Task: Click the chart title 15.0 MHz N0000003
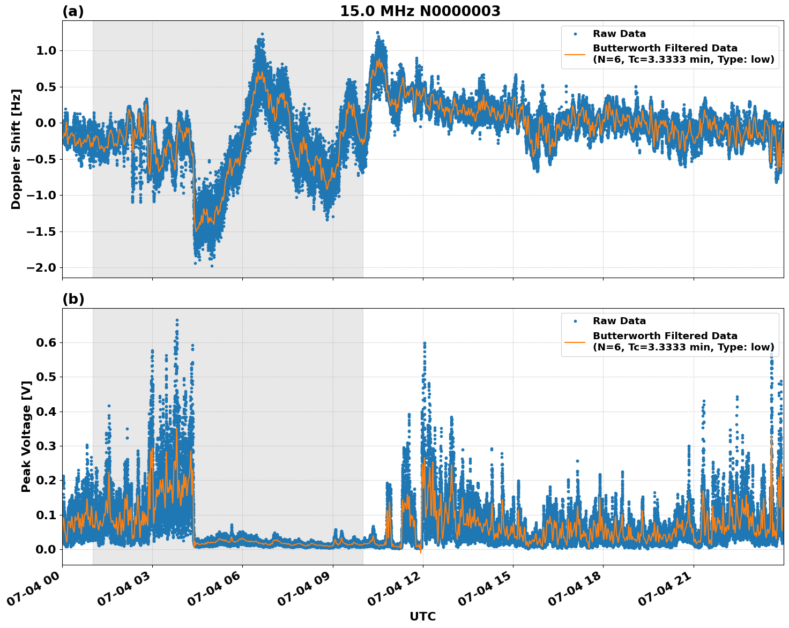tap(420, 11)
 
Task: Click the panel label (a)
tap(73, 11)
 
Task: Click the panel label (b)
tap(73, 299)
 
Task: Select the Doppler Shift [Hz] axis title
tap(16, 149)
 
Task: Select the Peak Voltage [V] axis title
tap(26, 436)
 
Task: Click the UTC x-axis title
tap(422, 616)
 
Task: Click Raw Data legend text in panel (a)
tap(619, 34)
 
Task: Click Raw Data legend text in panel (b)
tap(619, 321)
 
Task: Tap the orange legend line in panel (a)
tap(575, 54)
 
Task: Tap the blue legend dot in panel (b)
tap(575, 321)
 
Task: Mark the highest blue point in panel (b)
tap(177, 320)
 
